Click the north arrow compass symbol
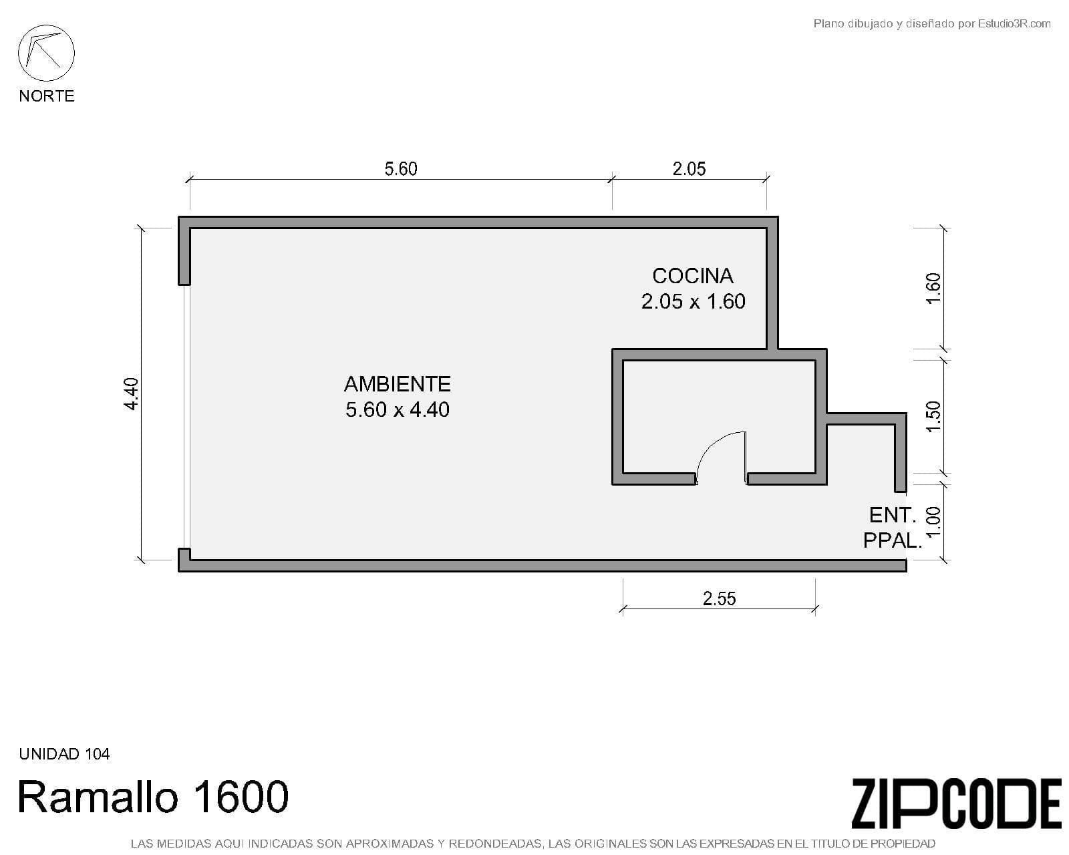click(46, 53)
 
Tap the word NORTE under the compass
click(47, 96)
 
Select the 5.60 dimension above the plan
click(401, 169)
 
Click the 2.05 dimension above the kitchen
click(689, 169)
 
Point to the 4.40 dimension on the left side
click(131, 394)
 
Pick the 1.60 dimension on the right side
click(933, 289)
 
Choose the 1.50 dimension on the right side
click(933, 417)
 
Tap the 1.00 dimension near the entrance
click(933, 522)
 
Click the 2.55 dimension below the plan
click(720, 598)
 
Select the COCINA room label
click(693, 276)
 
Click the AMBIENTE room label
click(398, 384)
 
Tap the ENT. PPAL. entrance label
click(892, 528)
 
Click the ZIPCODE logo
click(956, 804)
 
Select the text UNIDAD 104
click(64, 754)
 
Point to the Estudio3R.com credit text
click(932, 24)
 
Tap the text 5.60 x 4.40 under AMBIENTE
click(398, 410)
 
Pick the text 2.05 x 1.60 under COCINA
click(693, 301)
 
